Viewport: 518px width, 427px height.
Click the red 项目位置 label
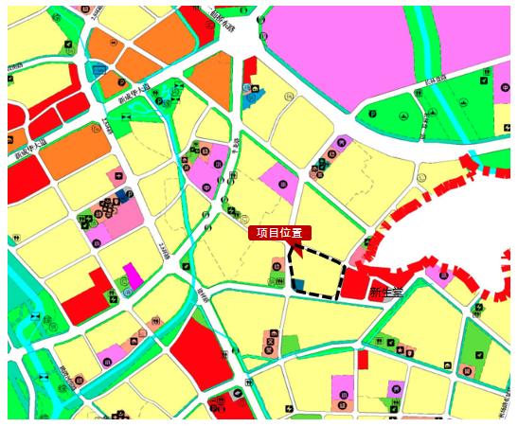pos(279,232)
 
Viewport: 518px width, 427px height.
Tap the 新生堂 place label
pos(386,293)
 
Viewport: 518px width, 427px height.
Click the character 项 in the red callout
pos(261,232)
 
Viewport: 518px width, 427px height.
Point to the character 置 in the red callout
pos(297,232)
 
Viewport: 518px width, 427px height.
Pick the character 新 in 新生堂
pos(375,293)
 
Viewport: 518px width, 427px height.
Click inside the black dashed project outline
pos(317,275)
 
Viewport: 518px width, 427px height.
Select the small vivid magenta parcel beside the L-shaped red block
pos(133,276)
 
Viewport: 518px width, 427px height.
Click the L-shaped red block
pos(85,298)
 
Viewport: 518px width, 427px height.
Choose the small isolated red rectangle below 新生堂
pos(363,359)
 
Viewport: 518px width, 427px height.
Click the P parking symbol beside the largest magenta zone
pos(373,116)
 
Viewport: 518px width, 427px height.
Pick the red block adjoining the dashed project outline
pos(356,282)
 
